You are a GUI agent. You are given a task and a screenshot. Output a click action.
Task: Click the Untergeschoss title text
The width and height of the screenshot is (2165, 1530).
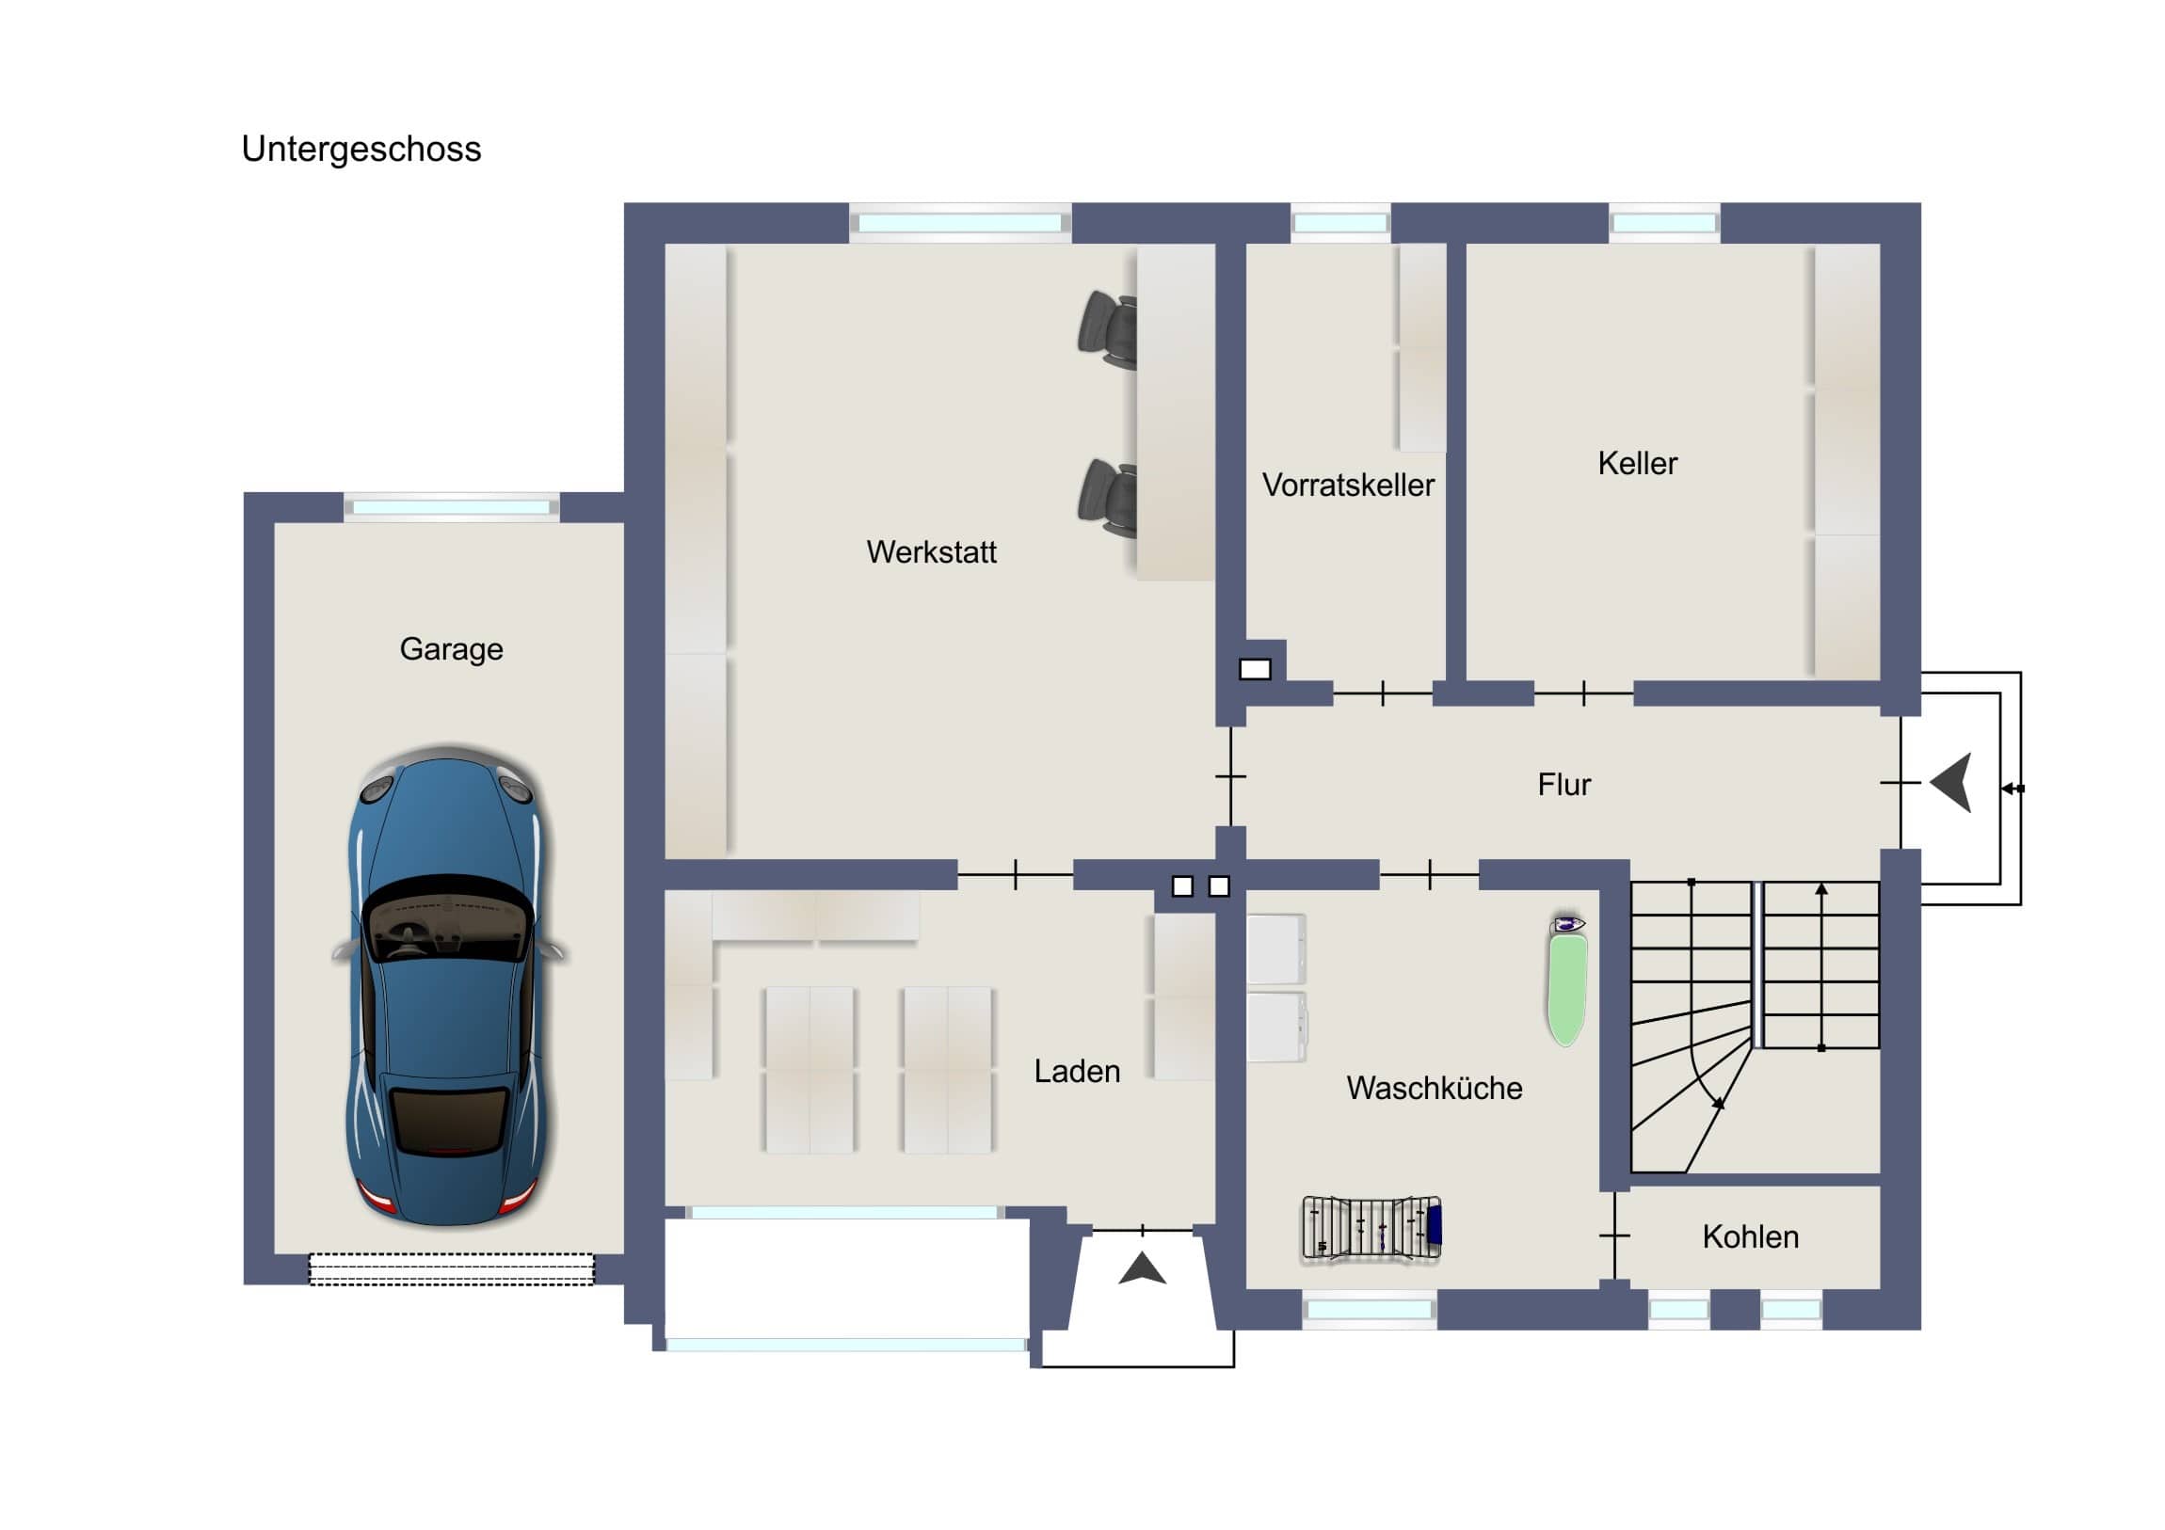pos(361,149)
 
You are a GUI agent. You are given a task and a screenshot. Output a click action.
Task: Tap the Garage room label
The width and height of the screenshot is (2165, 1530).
pos(451,649)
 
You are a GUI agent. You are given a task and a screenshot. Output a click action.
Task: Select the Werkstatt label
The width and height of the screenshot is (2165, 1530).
pos(931,552)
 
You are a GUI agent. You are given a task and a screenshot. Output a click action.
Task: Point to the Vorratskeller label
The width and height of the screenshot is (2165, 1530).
pos(1347,486)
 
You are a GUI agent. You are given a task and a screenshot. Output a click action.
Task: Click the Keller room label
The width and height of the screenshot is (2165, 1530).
pos(1637,464)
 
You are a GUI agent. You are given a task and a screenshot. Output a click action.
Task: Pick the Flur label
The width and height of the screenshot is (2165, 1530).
pos(1564,786)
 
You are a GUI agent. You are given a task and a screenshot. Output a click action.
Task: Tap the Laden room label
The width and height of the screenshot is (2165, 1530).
pos(1077,1072)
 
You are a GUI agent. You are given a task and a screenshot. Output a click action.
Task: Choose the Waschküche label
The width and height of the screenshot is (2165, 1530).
pos(1434,1089)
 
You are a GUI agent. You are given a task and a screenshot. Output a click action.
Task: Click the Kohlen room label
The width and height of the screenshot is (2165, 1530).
pos(1750,1237)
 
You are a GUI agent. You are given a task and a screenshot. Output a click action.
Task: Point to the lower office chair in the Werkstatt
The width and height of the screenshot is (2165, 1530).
pos(1108,499)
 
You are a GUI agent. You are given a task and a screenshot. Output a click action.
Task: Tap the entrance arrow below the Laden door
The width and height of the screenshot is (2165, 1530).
pos(1142,1268)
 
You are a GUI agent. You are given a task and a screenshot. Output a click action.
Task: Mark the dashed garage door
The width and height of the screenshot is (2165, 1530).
pos(452,1268)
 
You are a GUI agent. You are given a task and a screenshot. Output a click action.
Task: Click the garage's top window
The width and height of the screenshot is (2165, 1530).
pos(451,507)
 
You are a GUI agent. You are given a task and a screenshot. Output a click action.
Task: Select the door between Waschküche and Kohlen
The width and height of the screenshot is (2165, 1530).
pos(1614,1235)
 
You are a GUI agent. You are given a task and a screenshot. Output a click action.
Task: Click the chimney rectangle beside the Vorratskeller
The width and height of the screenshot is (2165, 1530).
pos(1254,669)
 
